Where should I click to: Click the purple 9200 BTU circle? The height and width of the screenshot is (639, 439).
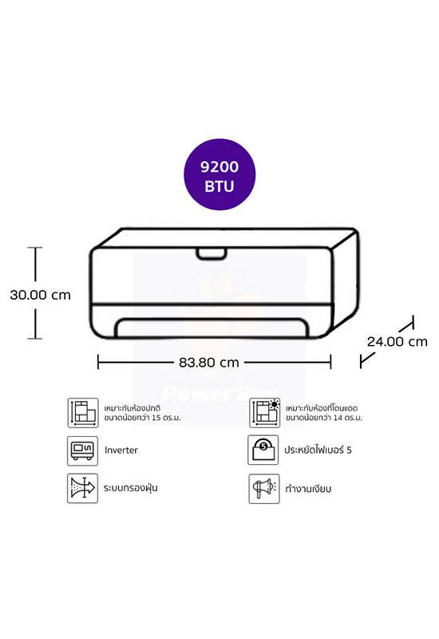(x=219, y=174)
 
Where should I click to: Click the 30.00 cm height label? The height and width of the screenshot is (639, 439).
(x=41, y=295)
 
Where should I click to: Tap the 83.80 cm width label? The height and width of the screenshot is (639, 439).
(x=209, y=363)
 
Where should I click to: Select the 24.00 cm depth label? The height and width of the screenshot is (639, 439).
(x=397, y=342)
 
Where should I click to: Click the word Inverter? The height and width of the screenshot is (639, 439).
(x=121, y=450)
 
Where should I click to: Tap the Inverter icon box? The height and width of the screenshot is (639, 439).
(x=83, y=450)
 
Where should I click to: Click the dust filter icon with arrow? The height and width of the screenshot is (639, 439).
(x=83, y=488)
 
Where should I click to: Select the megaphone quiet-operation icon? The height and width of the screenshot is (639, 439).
(x=264, y=489)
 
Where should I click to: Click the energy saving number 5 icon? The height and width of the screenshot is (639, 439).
(x=263, y=450)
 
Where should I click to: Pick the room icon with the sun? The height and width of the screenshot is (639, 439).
(x=265, y=413)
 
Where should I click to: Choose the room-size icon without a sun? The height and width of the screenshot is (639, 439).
(x=83, y=413)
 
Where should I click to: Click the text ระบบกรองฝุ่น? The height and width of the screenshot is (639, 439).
(x=130, y=488)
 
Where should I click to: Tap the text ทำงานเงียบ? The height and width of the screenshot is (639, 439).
(x=308, y=489)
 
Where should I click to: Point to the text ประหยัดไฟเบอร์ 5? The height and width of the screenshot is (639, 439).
(x=318, y=450)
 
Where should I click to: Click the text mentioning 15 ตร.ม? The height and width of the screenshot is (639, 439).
(x=143, y=413)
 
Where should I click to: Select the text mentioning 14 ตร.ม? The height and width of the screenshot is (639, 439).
(x=324, y=413)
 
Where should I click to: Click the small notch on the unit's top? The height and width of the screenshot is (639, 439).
(x=212, y=253)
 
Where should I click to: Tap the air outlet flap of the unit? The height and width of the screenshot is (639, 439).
(x=212, y=328)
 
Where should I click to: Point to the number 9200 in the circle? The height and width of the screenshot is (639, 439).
(x=219, y=167)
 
